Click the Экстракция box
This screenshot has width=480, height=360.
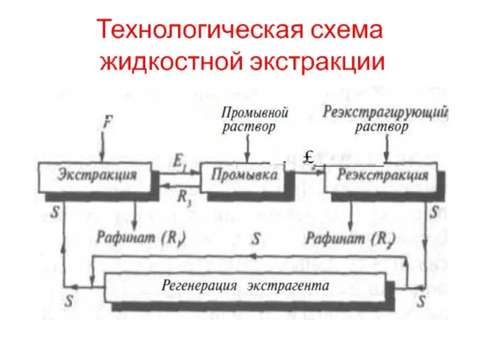(x=96, y=175)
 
